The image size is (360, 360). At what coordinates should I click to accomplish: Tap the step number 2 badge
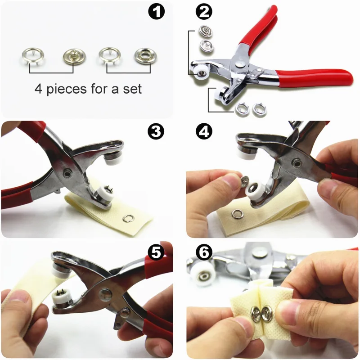coord(204,12)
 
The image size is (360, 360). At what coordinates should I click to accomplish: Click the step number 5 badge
coord(156,253)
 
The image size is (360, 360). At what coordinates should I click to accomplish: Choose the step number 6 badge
coord(204,253)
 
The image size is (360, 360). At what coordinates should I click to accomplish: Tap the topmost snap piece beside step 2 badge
coord(205,32)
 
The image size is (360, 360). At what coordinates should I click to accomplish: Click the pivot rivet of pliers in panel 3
coord(67,172)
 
